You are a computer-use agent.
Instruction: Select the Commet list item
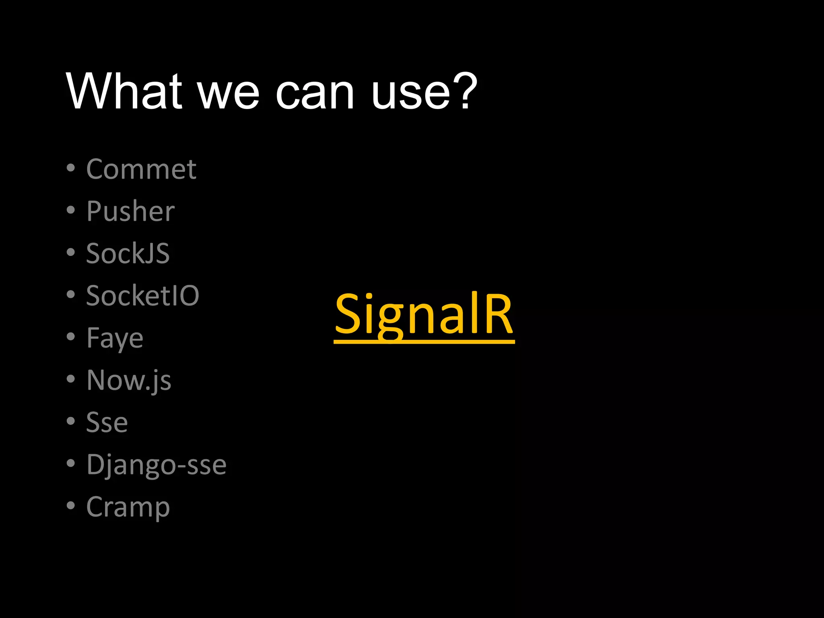pos(141,169)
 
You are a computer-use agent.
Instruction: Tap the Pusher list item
pos(131,211)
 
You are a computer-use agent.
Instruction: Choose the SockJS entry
pos(128,253)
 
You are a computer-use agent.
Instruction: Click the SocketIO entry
pos(143,296)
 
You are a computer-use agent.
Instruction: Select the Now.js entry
pos(129,381)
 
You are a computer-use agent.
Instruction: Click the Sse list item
pos(107,423)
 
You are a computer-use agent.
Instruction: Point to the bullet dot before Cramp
pos(71,506)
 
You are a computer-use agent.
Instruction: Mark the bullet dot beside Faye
pos(71,337)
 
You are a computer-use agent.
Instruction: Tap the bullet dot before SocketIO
pos(71,295)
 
